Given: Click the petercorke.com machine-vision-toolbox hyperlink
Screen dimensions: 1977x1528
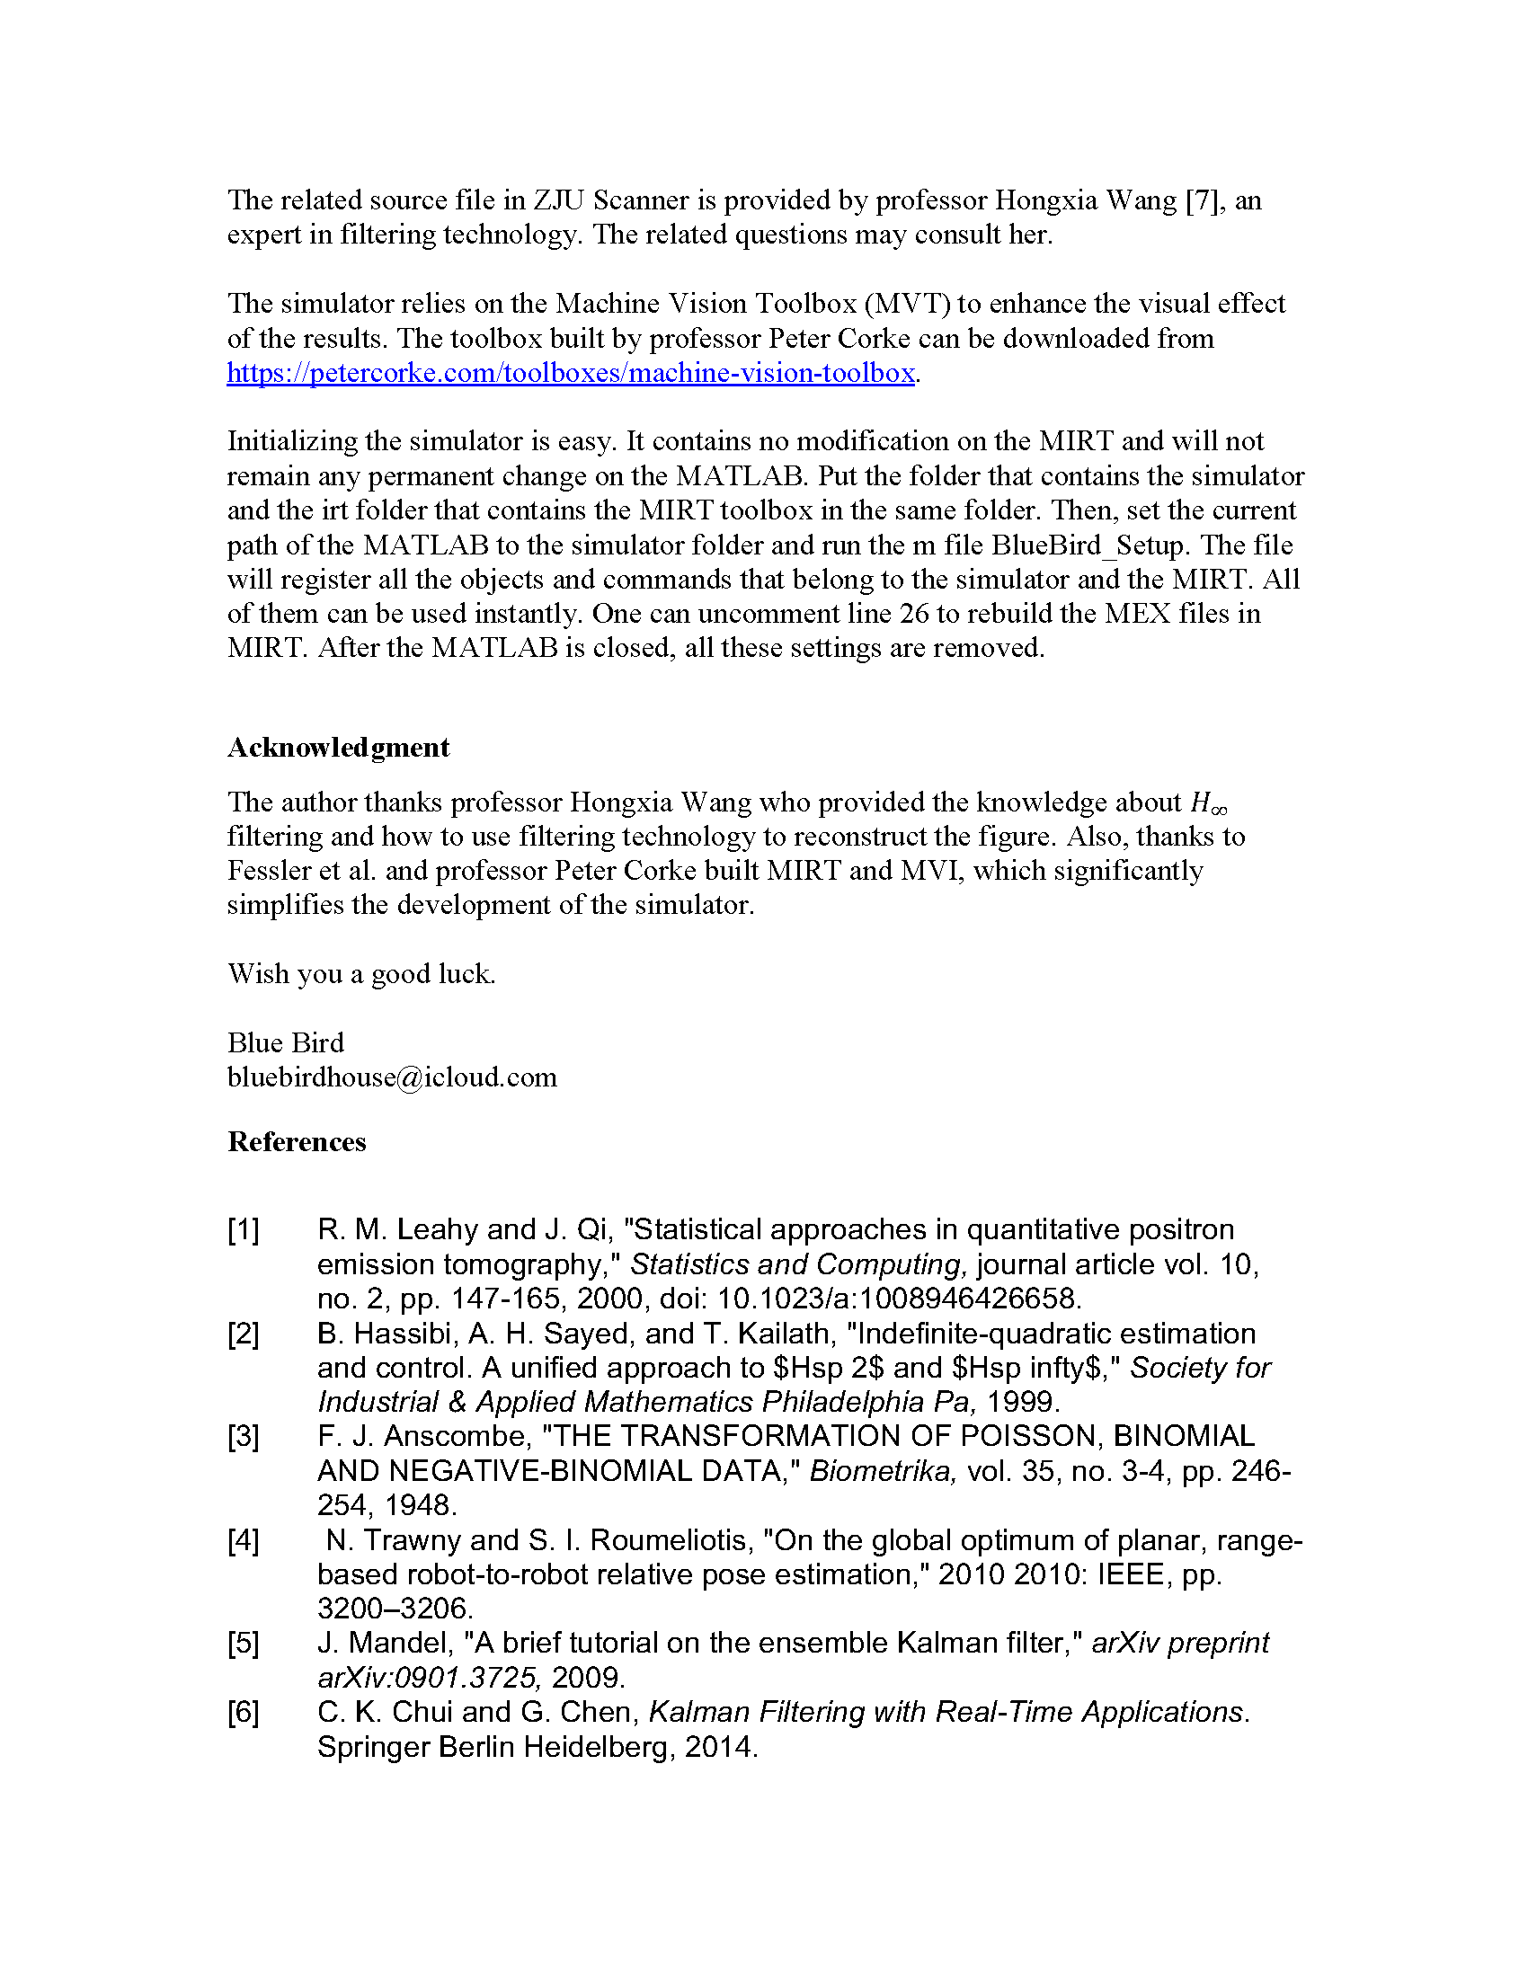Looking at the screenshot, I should coord(570,373).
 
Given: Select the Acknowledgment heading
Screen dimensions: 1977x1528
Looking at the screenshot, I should coord(338,748).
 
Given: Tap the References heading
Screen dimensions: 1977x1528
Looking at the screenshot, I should coord(297,1142).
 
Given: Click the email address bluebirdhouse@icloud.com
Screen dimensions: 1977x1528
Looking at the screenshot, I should coord(392,1077).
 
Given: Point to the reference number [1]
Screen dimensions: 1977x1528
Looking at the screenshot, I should coord(244,1230).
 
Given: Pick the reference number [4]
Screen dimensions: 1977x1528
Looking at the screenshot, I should coord(244,1540).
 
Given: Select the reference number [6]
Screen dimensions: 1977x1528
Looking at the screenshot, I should coord(244,1713).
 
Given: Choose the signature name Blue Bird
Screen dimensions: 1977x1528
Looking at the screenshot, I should coord(285,1042).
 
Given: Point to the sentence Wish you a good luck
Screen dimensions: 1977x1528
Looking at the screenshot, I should coord(361,974).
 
